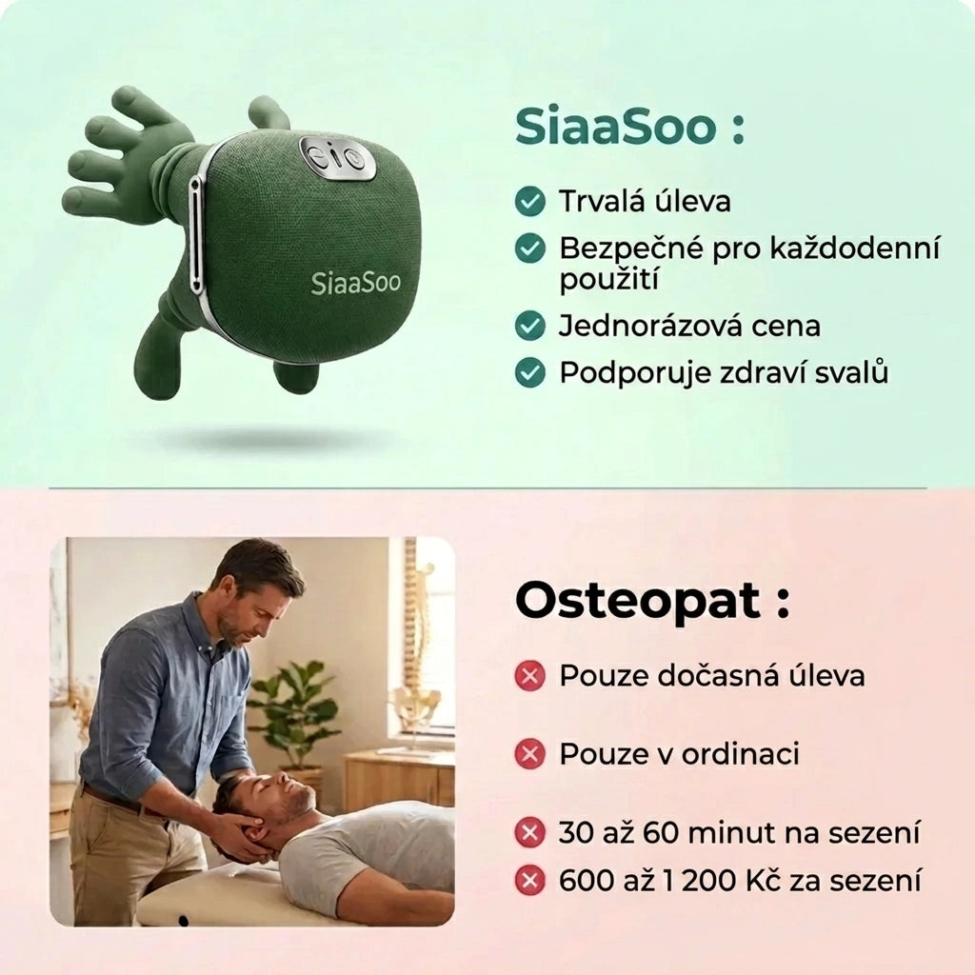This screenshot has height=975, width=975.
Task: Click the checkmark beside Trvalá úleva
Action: [529, 201]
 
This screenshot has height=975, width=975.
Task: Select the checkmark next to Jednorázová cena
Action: [529, 326]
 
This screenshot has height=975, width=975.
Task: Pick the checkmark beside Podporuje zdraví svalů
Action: [529, 372]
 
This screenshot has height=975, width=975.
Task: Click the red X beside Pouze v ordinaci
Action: [529, 755]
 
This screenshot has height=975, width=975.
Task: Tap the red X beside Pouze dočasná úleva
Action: [529, 676]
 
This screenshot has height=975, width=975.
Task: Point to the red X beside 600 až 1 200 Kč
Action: [529, 881]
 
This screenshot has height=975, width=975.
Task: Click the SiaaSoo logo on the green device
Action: [355, 282]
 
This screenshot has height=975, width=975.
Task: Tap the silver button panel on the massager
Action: [337, 158]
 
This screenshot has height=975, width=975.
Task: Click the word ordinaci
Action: [744, 755]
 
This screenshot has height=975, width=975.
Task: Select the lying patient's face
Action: [284, 797]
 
